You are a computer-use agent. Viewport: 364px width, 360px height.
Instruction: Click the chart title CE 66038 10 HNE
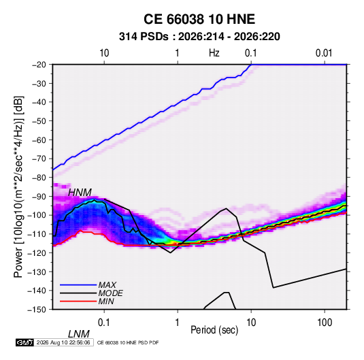199,19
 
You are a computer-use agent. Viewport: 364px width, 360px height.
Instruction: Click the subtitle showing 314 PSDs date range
199,37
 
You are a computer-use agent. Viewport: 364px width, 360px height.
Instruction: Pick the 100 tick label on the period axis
325,323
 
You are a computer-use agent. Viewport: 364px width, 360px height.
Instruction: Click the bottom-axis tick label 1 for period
178,323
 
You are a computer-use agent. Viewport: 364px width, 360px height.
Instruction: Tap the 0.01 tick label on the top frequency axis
324,53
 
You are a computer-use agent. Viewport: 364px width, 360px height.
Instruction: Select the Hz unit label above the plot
214,53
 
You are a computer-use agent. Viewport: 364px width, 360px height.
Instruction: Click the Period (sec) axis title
214,330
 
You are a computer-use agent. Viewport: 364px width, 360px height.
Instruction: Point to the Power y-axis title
18,186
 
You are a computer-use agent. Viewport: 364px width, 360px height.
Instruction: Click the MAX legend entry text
107,284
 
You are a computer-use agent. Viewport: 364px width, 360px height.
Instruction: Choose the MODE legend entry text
110,293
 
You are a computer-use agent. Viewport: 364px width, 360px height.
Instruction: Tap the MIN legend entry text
106,301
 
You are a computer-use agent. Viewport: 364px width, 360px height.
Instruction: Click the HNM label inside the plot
80,193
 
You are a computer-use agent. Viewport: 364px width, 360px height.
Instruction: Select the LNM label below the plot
78,334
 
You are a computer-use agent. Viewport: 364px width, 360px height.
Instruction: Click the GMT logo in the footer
24,342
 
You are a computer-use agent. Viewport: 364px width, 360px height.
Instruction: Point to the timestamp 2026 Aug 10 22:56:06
63,342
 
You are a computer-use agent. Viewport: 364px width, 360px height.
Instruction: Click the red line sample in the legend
78,301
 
